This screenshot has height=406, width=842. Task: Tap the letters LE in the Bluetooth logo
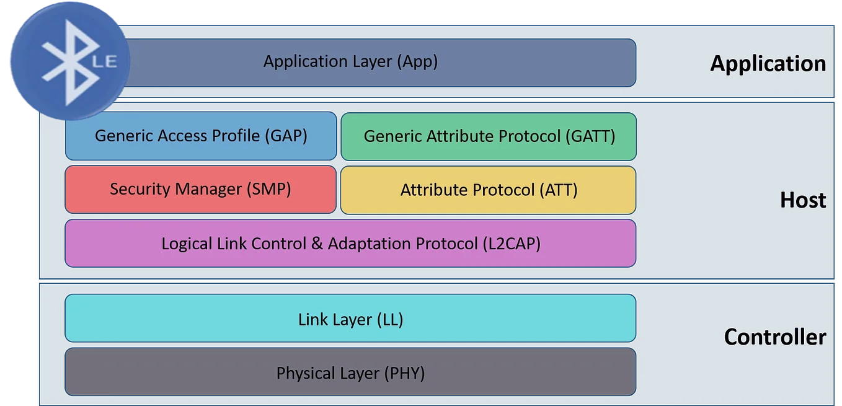pos(105,61)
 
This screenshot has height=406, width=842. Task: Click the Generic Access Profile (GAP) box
pos(201,136)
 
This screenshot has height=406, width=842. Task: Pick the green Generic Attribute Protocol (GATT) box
pos(489,136)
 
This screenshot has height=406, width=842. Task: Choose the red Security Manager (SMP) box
pos(201,190)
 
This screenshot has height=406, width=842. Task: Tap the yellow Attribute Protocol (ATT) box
pos(489,190)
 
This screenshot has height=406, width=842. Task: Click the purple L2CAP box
pos(350,244)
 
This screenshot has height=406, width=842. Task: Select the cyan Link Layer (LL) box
pos(350,319)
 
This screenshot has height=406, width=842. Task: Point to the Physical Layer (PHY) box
pos(350,372)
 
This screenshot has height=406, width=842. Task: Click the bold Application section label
pos(768,64)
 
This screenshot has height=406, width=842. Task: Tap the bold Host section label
pos(803,200)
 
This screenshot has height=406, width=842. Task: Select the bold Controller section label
pos(774,337)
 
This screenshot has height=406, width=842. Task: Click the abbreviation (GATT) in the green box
pos(590,136)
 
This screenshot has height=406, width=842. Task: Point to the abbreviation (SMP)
pos(268,189)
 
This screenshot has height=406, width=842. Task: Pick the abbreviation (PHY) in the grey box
pos(404,373)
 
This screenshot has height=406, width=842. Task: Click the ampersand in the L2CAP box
pos(317,243)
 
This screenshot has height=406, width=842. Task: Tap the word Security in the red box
pos(138,189)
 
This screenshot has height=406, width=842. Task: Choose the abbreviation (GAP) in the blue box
pos(286,136)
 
